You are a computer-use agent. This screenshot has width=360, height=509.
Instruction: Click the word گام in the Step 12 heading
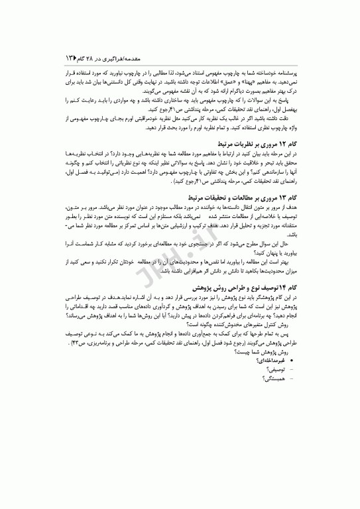tap(297, 142)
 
